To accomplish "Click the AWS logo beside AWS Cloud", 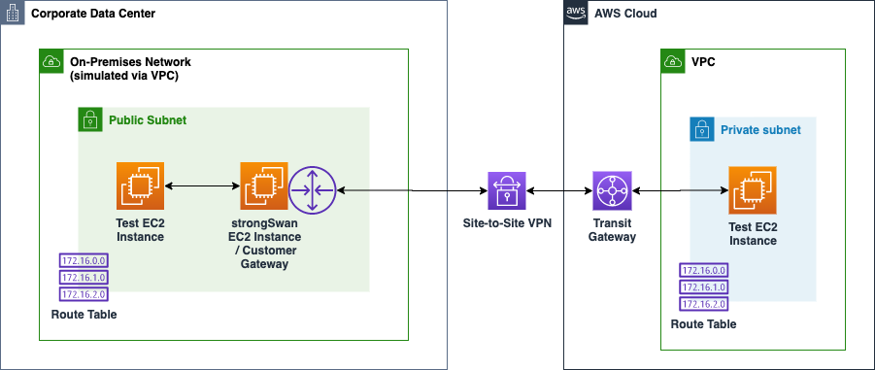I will [576, 14].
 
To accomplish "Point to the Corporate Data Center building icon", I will [14, 14].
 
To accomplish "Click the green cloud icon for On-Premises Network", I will [50, 62].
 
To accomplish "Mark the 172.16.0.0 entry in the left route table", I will [83, 261].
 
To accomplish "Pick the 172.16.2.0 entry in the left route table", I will [83, 293].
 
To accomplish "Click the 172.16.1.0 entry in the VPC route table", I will [703, 287].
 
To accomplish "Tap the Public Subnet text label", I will [148, 120].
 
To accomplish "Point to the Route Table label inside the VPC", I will [703, 324].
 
